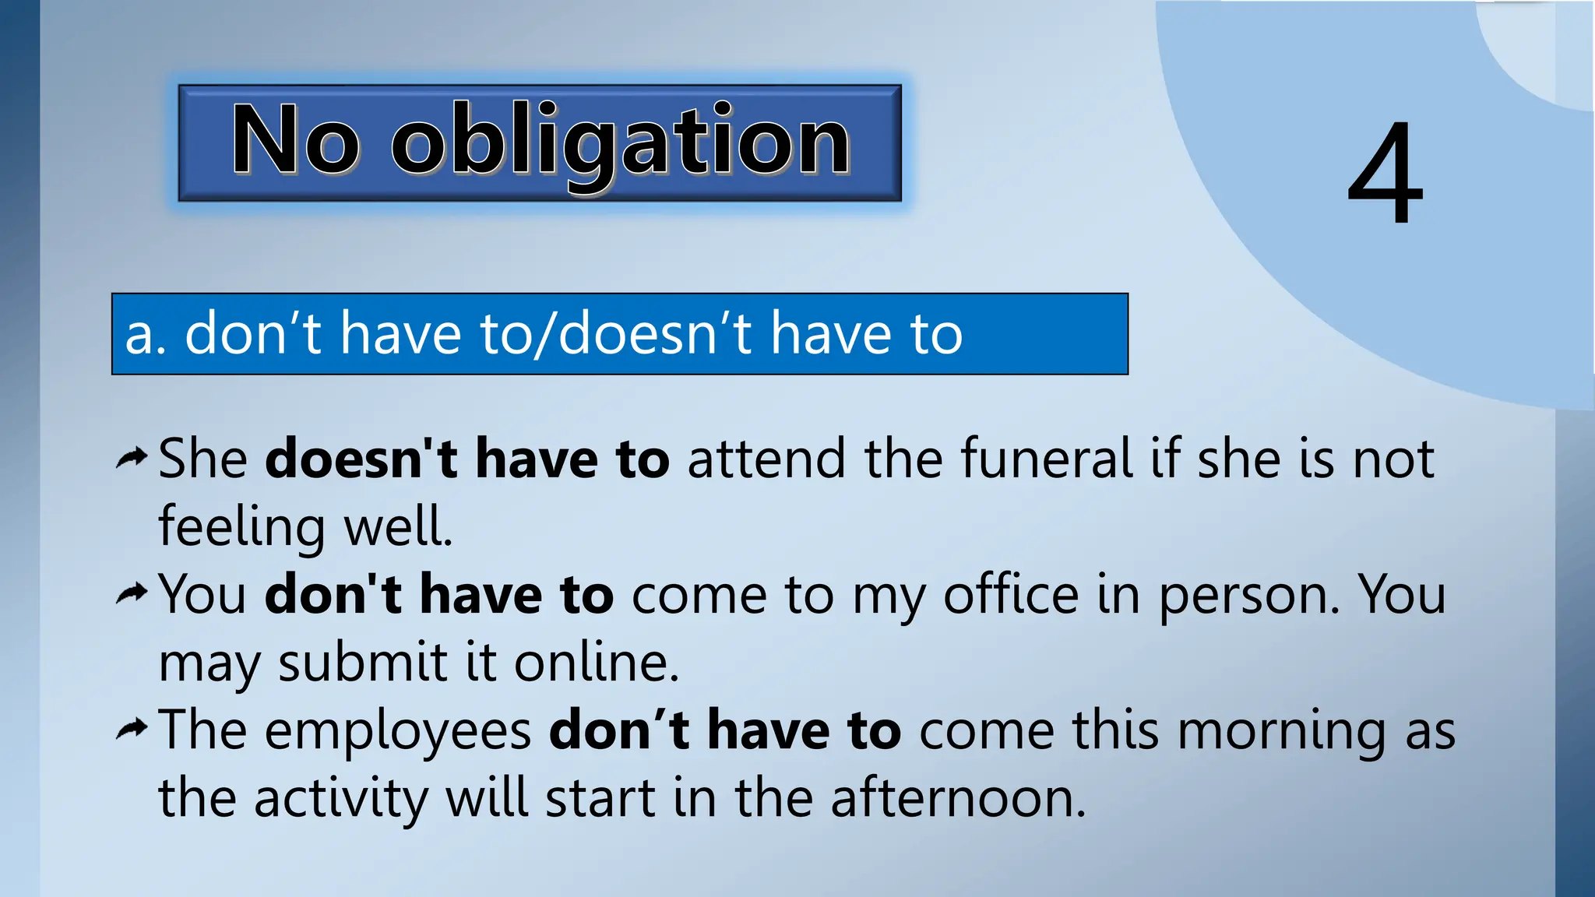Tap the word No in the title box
(x=296, y=140)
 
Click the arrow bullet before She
(x=131, y=459)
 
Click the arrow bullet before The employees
(x=131, y=730)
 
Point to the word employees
(x=398, y=732)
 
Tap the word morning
(x=1281, y=732)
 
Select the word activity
(x=341, y=799)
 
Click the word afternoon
(x=957, y=799)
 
